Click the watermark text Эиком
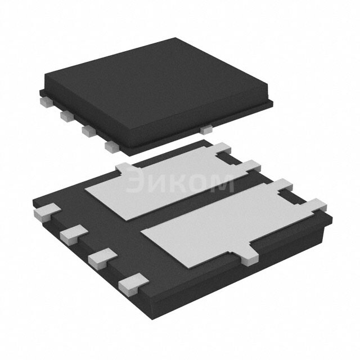179,183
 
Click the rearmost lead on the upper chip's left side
44,101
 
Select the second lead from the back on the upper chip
66,115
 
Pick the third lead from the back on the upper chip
88,130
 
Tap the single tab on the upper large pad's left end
124,168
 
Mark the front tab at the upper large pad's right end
250,165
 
